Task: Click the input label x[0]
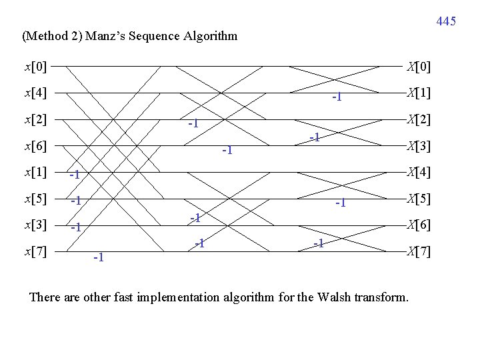pyautogui.click(x=35, y=67)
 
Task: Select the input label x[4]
pyautogui.click(x=35, y=93)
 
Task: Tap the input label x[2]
pyautogui.click(x=35, y=119)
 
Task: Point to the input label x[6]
pyautogui.click(x=35, y=145)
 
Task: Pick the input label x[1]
pyautogui.click(x=35, y=172)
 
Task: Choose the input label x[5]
pyautogui.click(x=35, y=198)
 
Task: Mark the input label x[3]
pyautogui.click(x=35, y=225)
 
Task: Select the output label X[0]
pyautogui.click(x=419, y=67)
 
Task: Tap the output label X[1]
pyautogui.click(x=419, y=93)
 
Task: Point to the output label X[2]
pyautogui.click(x=419, y=119)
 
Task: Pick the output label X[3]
pyautogui.click(x=419, y=145)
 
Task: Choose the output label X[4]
pyautogui.click(x=419, y=172)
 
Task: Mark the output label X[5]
pyautogui.click(x=419, y=198)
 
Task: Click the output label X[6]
pyautogui.click(x=419, y=225)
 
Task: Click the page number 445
pyautogui.click(x=446, y=22)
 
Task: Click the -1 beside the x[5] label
pyautogui.click(x=75, y=200)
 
